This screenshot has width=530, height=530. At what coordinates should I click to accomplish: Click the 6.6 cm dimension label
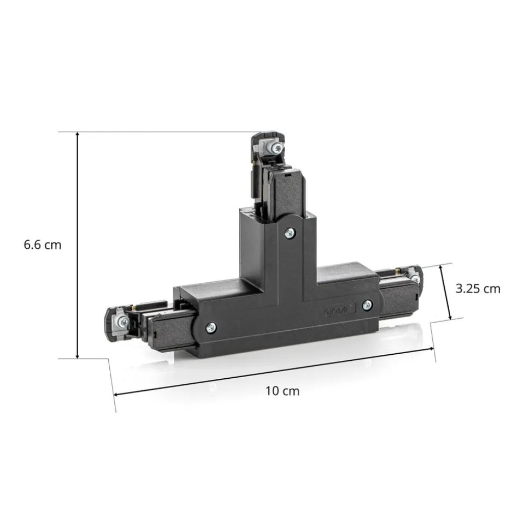[x=43, y=245]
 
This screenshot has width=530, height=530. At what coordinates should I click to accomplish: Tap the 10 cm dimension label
[x=282, y=391]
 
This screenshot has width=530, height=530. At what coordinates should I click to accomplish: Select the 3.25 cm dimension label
[x=478, y=289]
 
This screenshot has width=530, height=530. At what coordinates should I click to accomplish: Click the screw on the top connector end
[x=277, y=147]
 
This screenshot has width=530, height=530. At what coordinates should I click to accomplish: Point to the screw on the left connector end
[x=124, y=322]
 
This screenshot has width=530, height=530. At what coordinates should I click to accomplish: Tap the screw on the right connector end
[x=415, y=278]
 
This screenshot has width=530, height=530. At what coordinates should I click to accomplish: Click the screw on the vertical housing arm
[x=290, y=233]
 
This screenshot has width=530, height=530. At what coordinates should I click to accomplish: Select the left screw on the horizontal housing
[x=211, y=327]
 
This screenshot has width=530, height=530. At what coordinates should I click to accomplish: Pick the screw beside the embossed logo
[x=367, y=305]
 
